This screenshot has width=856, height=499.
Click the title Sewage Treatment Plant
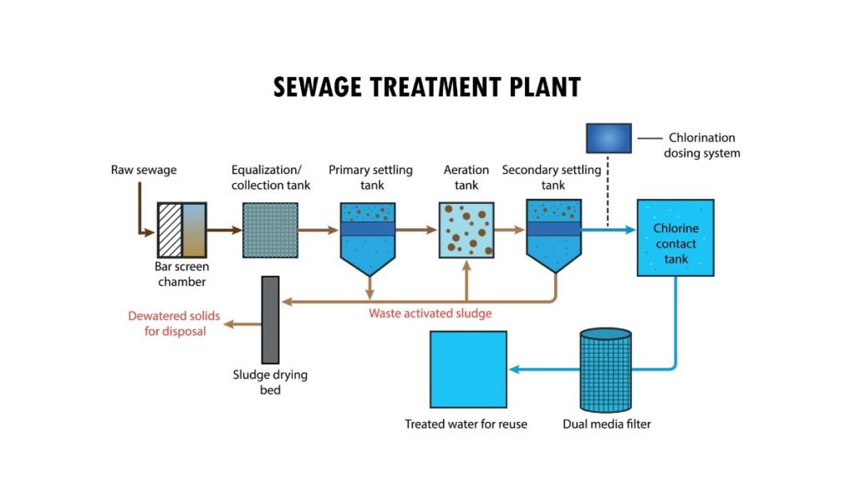427,86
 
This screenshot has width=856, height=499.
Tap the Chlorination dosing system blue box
608,138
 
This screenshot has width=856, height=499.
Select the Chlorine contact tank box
675,237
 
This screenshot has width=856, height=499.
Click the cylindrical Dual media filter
605,369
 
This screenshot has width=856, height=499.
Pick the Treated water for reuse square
467,369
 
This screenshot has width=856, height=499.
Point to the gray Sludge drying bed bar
270,319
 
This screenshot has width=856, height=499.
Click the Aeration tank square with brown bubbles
466,230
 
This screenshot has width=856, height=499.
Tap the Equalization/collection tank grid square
270,230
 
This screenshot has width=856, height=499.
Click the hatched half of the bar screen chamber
170,230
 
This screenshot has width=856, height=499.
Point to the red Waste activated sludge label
430,314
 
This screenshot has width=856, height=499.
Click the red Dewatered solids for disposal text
166,323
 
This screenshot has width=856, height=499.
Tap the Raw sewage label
144,171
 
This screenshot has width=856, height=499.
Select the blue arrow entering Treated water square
527,369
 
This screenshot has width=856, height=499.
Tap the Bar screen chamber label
181,274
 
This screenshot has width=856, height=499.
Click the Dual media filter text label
606,424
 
